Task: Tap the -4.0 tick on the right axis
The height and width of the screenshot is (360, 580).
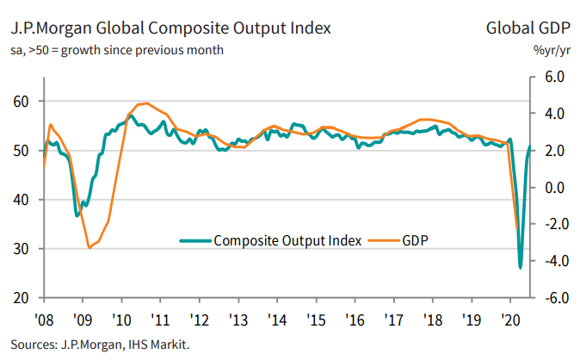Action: (x=552, y=261)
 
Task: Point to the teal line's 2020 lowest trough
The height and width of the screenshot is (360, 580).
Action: (x=520, y=267)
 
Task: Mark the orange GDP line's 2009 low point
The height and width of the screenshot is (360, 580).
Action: (x=89, y=248)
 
